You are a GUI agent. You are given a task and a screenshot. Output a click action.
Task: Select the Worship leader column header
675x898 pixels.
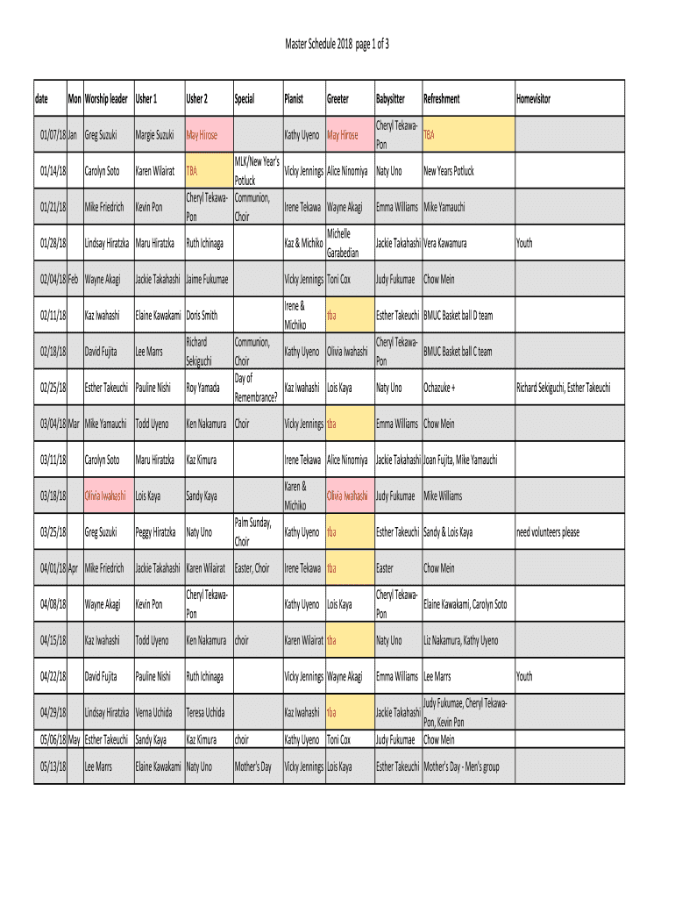point(106,99)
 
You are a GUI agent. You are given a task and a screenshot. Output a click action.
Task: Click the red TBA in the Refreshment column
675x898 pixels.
point(430,135)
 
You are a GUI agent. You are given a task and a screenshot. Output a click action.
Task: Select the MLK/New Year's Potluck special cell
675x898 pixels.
point(256,171)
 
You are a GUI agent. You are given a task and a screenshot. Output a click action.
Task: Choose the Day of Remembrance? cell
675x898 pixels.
point(255,387)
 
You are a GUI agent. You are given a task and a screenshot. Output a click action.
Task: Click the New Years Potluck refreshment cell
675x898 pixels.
point(448,171)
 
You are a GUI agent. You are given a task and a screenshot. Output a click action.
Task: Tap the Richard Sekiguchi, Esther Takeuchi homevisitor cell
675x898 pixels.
point(563,387)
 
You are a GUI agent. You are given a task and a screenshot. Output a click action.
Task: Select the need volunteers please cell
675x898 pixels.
point(547,532)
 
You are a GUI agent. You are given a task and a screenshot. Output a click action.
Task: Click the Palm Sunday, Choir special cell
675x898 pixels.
point(255,532)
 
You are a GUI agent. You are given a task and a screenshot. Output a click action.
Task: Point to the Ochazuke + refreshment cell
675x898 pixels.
point(440,387)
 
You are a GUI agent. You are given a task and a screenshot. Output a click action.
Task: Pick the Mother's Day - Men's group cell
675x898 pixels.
point(461,766)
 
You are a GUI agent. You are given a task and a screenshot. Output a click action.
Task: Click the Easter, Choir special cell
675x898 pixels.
point(252,568)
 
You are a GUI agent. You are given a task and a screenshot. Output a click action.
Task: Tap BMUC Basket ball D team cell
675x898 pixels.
point(458,315)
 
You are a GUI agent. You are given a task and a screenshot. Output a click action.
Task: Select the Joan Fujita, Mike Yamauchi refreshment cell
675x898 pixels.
point(460,460)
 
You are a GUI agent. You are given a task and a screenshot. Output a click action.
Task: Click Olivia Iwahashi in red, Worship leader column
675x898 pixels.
point(105,496)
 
